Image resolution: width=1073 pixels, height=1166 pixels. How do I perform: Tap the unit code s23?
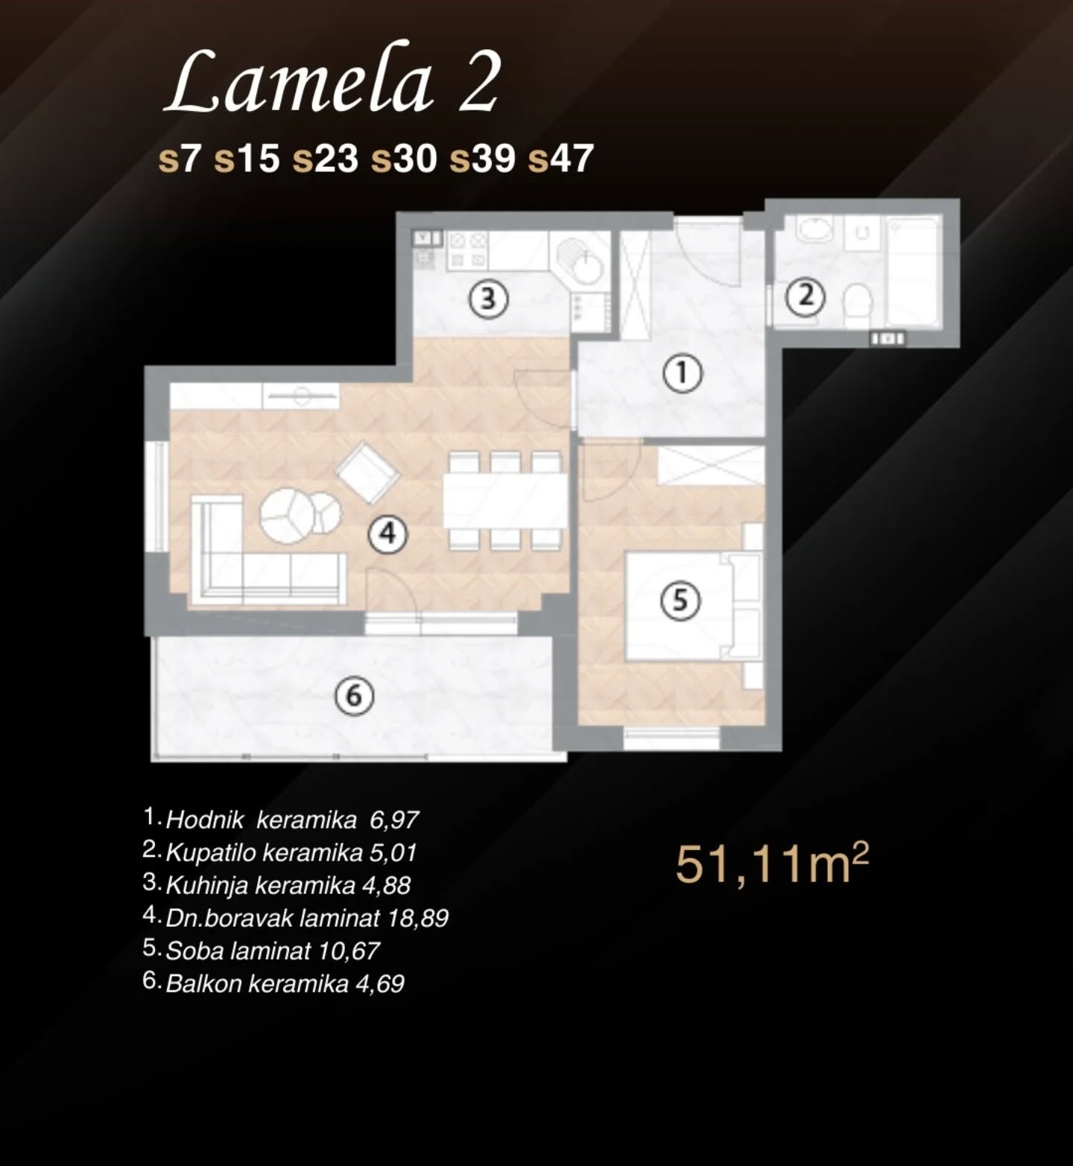(x=325, y=159)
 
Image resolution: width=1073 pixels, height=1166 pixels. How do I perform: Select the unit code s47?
(x=560, y=159)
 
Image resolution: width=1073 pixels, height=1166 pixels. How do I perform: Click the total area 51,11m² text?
(x=772, y=864)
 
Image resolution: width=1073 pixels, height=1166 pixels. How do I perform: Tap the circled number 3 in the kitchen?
(x=488, y=299)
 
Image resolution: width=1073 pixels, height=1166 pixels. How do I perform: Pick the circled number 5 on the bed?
(x=681, y=600)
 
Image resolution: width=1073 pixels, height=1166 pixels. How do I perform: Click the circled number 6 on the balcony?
(x=354, y=696)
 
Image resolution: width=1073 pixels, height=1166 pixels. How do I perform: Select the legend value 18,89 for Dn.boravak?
(x=418, y=918)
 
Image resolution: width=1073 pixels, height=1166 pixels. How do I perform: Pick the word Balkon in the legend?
(x=203, y=983)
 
